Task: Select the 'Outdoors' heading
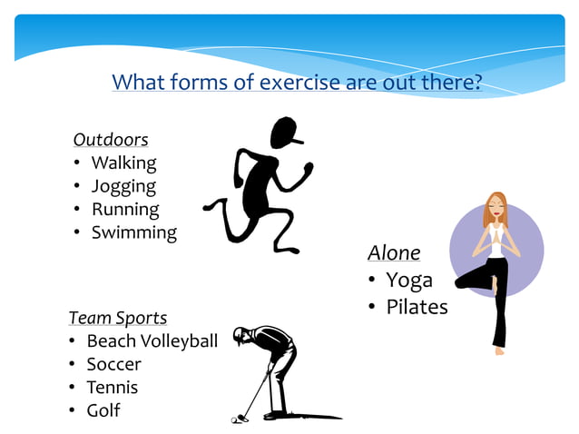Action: pos(111,140)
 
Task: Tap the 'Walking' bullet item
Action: pos(123,163)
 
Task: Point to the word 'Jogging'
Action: pos(123,187)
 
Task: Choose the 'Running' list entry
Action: pos(125,210)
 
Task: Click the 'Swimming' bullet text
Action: pos(133,232)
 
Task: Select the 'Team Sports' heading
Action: pos(118,318)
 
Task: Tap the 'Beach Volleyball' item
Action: pos(152,341)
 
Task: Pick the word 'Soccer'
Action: pos(113,365)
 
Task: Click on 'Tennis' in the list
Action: pos(113,388)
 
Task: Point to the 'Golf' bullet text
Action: pos(103,411)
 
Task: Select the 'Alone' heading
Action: pos(394,252)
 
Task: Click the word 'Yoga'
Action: pos(409,280)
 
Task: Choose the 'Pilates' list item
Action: pos(417,307)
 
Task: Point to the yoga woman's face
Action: pos(496,210)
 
